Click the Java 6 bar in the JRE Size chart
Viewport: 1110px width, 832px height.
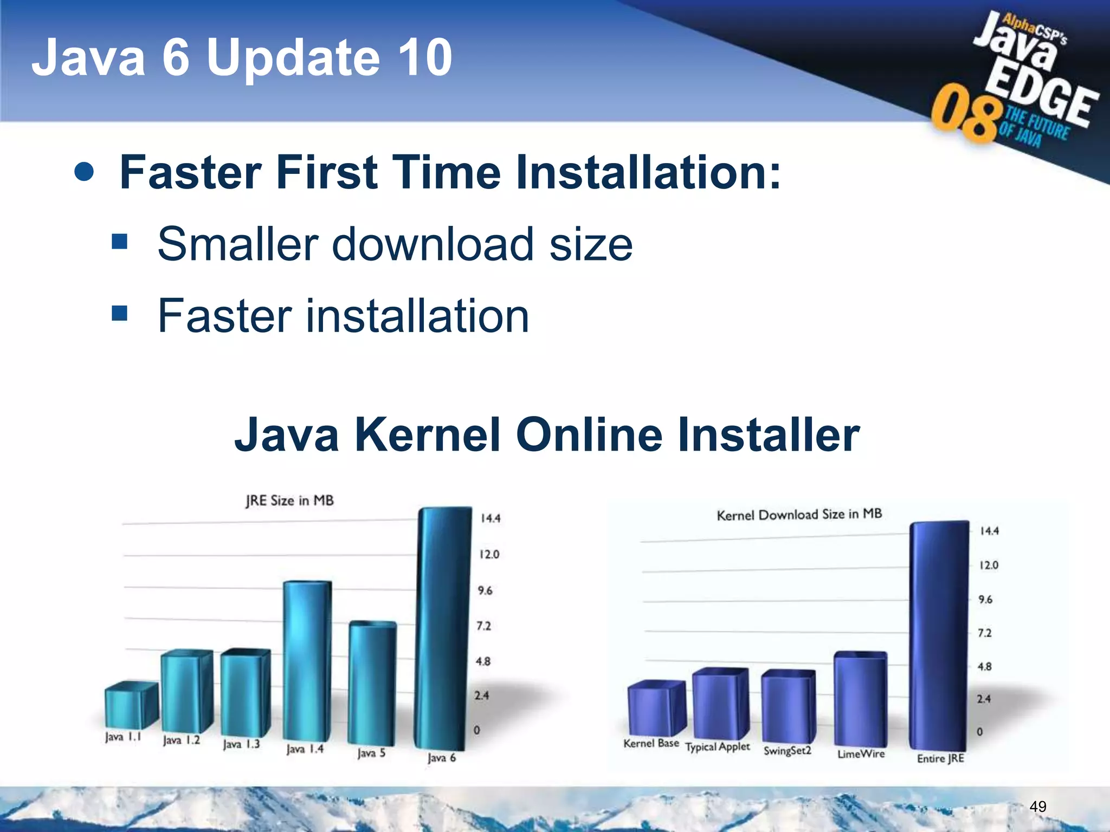442,628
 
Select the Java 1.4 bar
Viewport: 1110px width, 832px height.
306,661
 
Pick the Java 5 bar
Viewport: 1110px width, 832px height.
372,682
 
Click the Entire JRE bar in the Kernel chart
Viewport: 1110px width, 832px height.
938,634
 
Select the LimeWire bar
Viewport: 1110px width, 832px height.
860,699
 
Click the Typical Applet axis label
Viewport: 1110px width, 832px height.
717,747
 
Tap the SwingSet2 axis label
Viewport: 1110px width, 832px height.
787,750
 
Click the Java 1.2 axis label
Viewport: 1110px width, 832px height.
182,740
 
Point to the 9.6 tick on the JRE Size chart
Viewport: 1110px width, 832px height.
485,590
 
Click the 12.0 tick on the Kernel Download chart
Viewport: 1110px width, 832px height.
989,565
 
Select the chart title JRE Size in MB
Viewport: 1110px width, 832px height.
289,500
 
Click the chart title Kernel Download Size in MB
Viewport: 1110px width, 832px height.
799,515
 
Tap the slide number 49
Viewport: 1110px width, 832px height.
1037,807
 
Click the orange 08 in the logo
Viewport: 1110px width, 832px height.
965,114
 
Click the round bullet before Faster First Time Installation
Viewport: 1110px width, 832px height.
84,172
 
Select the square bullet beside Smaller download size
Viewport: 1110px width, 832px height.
119,242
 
